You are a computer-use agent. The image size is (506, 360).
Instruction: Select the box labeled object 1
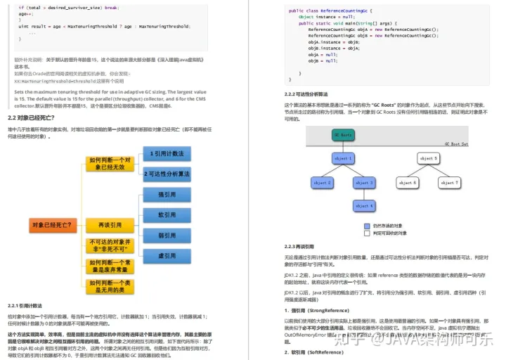point(343,159)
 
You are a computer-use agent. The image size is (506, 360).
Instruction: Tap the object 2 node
point(322,183)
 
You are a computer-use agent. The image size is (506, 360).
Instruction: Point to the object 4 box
point(364,206)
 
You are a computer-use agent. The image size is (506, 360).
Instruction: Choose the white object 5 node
point(428,159)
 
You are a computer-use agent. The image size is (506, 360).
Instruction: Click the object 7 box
point(448,183)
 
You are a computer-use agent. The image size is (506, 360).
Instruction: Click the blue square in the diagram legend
point(366,226)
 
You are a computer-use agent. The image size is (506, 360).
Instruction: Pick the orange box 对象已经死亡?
point(50,225)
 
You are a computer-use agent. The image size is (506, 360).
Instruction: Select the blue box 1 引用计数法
point(167,153)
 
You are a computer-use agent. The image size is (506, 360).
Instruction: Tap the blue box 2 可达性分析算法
point(167,174)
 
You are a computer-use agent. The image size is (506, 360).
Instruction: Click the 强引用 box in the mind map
point(167,195)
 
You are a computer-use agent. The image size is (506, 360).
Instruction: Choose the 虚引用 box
point(167,256)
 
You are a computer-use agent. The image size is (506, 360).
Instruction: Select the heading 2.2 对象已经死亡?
point(32,117)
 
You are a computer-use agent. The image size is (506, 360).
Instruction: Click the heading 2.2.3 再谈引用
point(300,247)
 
